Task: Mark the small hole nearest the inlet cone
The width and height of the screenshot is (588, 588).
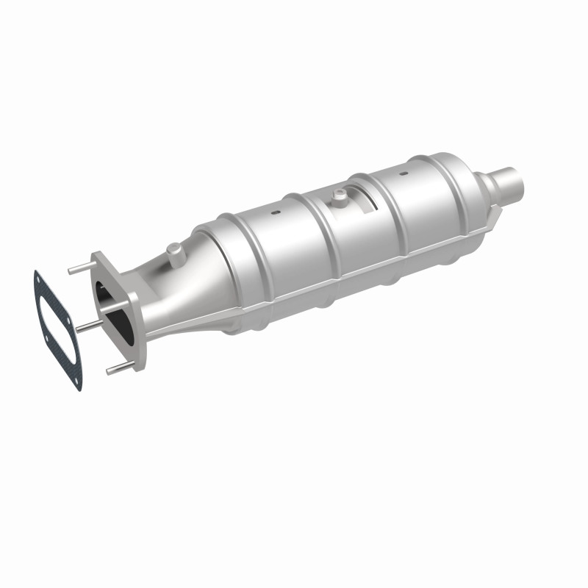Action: [x=274, y=213]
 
